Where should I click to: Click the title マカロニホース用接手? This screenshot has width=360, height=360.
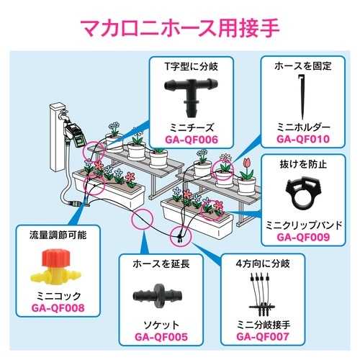[x=180, y=30]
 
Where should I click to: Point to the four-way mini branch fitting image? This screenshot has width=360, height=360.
[x=263, y=295]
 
